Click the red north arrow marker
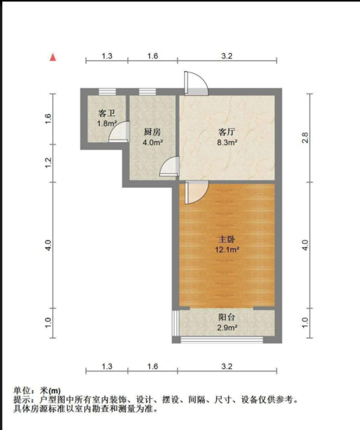click(53, 57)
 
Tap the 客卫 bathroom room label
click(107, 113)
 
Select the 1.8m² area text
click(107, 123)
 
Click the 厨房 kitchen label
click(152, 132)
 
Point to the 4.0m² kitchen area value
click(152, 142)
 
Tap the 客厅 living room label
click(226, 132)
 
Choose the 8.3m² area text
click(227, 142)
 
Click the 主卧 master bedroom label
click(227, 240)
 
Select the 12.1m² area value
click(227, 250)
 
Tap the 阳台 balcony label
click(226, 318)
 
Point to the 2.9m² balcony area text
click(227, 328)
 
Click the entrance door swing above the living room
click(196, 83)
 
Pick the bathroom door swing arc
click(119, 131)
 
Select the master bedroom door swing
click(197, 192)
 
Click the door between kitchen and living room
click(169, 166)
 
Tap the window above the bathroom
click(107, 91)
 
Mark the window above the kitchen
click(148, 91)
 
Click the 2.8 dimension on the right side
click(305, 137)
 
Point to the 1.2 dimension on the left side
click(48, 162)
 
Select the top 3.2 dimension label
click(227, 56)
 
